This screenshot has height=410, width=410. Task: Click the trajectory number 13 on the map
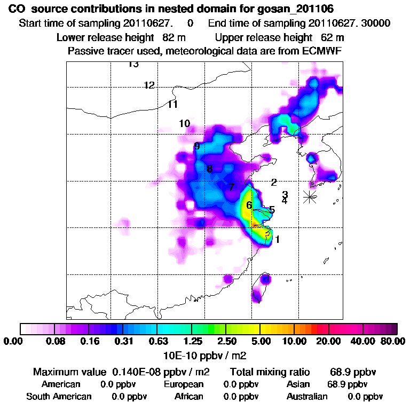click(x=133, y=65)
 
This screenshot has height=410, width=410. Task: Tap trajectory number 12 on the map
click(x=149, y=85)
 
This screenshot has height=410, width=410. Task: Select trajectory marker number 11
click(x=172, y=105)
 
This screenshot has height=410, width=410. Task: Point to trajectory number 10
click(x=184, y=124)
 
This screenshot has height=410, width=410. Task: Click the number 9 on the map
click(x=197, y=146)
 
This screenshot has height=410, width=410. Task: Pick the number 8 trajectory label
click(x=209, y=169)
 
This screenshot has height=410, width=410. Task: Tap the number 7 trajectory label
click(x=231, y=187)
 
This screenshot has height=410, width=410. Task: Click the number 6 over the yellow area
click(x=249, y=205)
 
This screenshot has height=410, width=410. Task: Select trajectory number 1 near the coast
click(x=277, y=240)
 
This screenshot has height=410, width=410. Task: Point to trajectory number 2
click(x=274, y=183)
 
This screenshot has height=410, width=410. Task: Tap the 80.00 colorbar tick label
click(x=393, y=342)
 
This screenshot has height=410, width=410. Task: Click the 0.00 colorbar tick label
click(x=13, y=342)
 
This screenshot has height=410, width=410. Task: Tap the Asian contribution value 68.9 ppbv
click(x=347, y=384)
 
